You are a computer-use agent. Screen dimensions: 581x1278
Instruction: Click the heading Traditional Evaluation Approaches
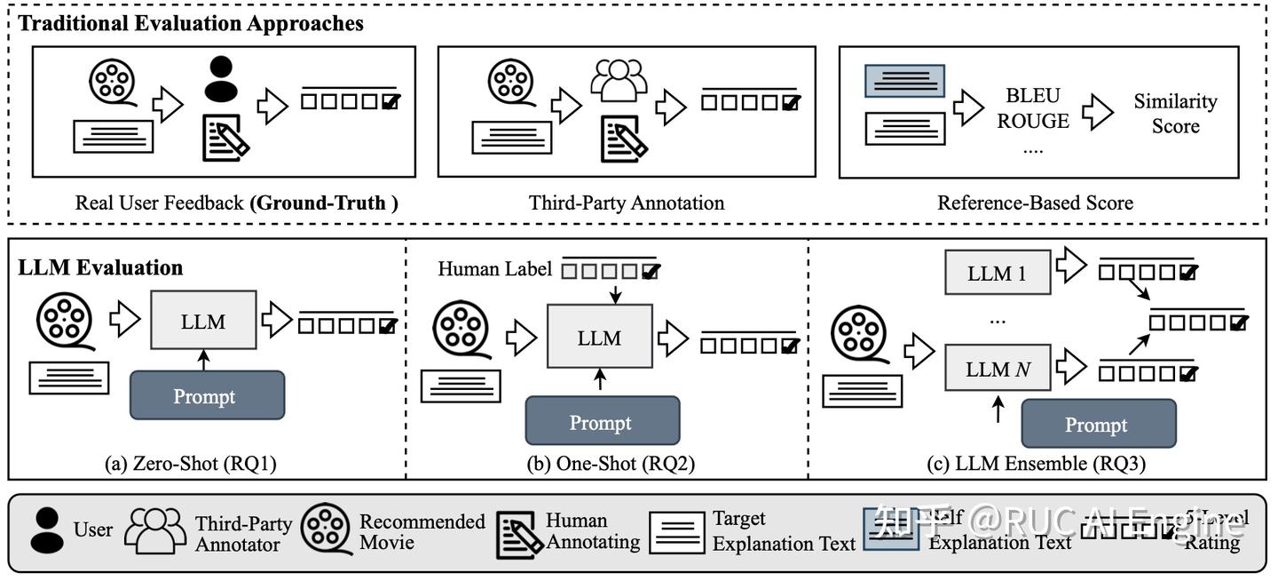click(191, 24)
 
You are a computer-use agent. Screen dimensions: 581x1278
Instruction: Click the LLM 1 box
click(997, 274)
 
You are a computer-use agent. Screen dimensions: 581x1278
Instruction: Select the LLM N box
click(997, 370)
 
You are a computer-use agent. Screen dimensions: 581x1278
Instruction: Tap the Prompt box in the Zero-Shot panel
click(207, 396)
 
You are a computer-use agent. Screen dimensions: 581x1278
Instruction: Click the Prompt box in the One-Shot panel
click(602, 421)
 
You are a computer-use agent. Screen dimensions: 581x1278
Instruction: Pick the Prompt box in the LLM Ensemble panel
click(1098, 424)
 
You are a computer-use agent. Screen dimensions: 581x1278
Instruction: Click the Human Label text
click(494, 268)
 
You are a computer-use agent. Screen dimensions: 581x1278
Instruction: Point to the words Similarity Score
click(1175, 114)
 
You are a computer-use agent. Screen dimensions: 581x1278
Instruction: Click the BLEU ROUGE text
click(1032, 108)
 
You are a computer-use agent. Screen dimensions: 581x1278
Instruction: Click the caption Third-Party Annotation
click(627, 203)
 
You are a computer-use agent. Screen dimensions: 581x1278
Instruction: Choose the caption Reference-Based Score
click(1035, 203)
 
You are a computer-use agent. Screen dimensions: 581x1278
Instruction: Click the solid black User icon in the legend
click(48, 529)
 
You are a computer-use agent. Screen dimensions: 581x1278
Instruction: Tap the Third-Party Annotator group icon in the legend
click(155, 529)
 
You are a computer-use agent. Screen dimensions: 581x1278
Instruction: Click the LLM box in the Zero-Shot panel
click(203, 322)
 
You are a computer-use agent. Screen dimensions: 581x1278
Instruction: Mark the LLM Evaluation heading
click(100, 267)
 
